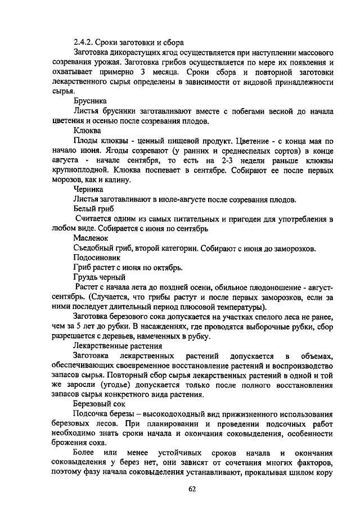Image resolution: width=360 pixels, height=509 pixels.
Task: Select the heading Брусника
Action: coord(89,100)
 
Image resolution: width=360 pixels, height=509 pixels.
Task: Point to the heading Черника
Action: coord(88,190)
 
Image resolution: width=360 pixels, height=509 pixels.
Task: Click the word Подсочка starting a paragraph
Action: coord(91,415)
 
